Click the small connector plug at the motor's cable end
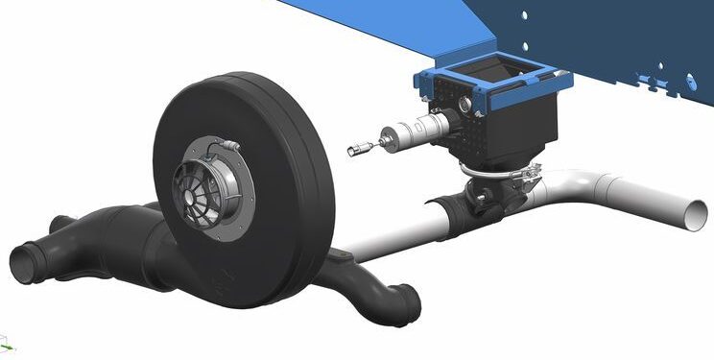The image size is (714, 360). click(358, 149)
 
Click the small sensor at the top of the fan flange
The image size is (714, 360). click(228, 144)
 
